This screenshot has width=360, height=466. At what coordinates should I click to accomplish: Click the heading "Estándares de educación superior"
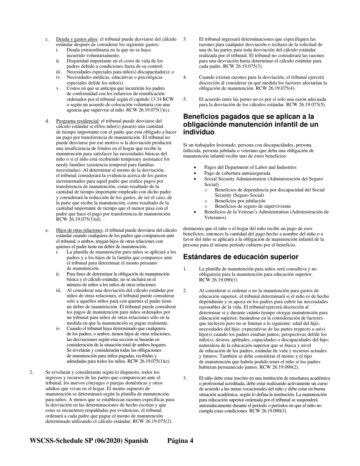tap(241, 257)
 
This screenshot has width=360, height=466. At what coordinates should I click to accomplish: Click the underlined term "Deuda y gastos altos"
tap(77, 39)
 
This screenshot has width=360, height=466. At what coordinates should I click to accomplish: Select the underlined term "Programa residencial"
tap(77, 121)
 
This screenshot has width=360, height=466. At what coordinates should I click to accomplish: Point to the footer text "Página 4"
tap(180, 441)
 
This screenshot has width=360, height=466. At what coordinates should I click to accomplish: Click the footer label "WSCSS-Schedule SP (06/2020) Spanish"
tap(89, 441)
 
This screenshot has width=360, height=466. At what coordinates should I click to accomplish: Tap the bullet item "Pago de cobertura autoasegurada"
tap(237, 173)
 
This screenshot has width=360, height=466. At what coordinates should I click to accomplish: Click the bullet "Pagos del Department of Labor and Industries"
tap(250, 167)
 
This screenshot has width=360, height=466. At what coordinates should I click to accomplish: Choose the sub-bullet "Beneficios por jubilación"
tap(240, 201)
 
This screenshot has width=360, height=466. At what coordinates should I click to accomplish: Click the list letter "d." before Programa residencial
tap(47, 121)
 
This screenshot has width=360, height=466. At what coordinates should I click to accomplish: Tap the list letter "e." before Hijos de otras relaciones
tap(47, 230)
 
